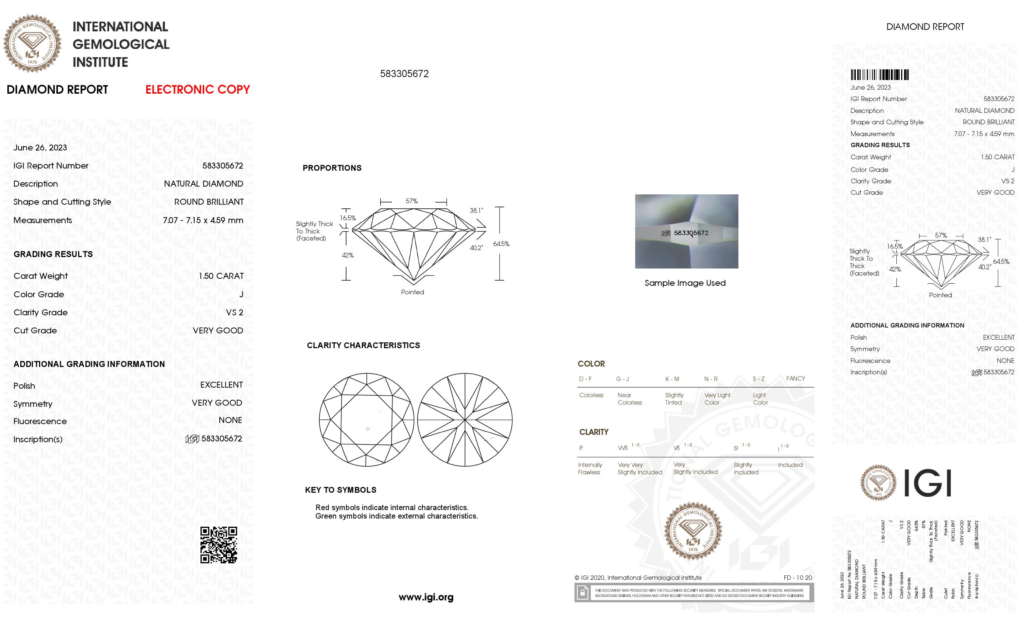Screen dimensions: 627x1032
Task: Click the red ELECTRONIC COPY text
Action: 197,90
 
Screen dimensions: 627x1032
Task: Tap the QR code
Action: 219,545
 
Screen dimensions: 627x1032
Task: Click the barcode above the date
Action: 879,75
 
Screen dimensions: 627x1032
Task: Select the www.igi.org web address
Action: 426,597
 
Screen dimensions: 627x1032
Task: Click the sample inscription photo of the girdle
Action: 686,231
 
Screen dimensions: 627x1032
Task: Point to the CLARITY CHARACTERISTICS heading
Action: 363,345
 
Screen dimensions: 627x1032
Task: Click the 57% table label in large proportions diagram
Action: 412,201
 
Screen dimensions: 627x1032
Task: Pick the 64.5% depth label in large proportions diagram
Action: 501,244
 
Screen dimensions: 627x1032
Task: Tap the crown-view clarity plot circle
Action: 366,420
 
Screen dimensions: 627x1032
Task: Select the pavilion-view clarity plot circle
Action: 465,420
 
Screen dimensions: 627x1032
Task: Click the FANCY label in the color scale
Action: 795,378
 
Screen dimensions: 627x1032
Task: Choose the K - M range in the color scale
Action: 672,379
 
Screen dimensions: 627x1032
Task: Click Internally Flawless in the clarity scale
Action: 590,468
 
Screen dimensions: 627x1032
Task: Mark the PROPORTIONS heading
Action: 332,168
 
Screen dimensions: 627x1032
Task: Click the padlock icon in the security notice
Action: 582,593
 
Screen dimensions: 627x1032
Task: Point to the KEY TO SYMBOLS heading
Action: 341,490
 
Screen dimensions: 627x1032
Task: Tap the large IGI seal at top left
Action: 32,44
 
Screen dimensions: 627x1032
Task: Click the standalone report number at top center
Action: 404,74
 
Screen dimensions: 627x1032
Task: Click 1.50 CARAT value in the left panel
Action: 221,276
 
